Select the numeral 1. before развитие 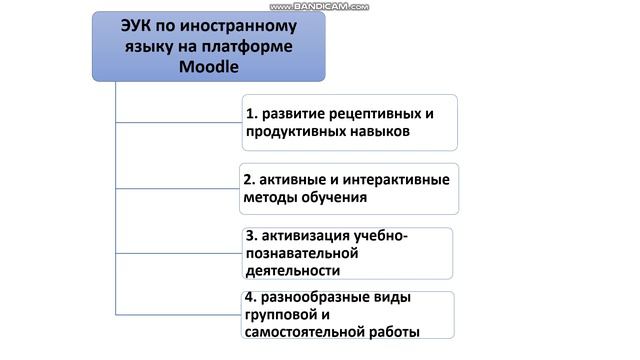point(251,113)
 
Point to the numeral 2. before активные point(250,179)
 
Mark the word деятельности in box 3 point(291,270)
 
